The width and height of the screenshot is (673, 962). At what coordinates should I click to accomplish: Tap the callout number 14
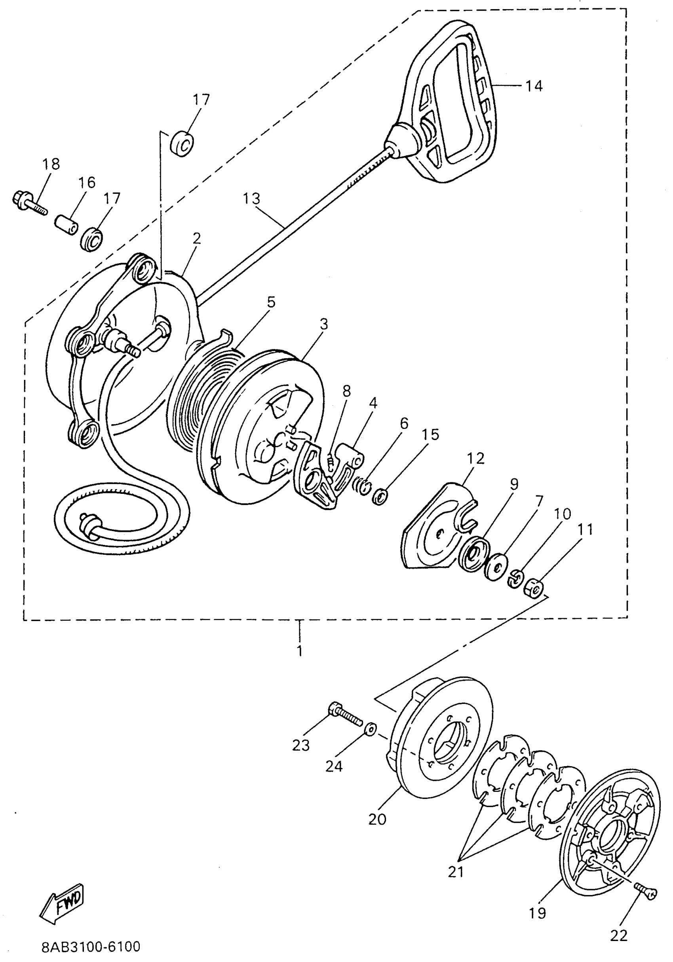pos(534,86)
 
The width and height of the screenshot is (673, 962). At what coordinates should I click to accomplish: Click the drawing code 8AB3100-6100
pos(91,947)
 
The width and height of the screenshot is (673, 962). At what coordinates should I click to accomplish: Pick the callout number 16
pos(86,182)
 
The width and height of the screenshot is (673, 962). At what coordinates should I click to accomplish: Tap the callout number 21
pos(456,872)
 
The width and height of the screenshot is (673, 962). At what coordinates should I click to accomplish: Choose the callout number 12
pos(475,458)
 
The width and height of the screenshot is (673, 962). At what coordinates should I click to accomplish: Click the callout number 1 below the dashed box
pos(299,651)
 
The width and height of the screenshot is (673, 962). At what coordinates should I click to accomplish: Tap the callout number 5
pos(271,302)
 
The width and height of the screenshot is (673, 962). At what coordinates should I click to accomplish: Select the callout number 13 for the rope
pos(251,198)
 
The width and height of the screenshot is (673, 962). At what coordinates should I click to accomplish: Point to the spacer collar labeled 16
pos(67,226)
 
